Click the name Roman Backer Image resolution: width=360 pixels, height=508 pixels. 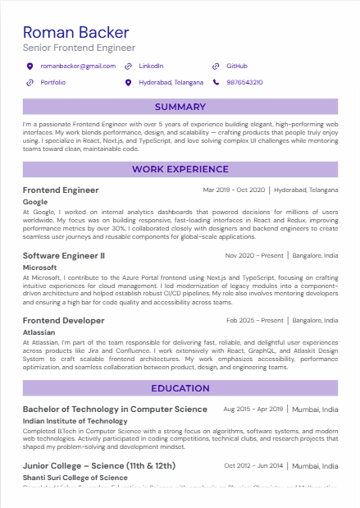76,32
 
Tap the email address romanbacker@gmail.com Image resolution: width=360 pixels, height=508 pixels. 78,66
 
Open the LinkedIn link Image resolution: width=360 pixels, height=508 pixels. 151,66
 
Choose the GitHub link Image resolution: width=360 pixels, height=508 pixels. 236,66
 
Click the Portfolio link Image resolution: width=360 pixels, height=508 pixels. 52,82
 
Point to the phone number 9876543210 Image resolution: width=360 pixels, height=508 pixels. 244,82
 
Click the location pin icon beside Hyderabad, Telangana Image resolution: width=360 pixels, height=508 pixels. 128,82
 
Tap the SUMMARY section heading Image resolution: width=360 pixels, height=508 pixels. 180,107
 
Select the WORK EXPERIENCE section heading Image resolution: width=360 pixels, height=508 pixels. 180,169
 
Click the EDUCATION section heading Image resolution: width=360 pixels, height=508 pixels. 180,388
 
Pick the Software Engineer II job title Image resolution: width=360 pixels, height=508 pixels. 64,255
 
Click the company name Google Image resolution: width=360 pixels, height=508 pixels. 35,201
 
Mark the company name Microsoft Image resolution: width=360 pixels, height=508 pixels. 39,267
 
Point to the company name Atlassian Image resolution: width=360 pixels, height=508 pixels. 39,332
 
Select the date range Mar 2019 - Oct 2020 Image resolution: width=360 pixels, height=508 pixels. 233,190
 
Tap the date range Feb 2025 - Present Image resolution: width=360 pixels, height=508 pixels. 255,320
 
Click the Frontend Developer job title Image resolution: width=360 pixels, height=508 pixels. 64,320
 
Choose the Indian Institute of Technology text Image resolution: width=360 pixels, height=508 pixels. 75,420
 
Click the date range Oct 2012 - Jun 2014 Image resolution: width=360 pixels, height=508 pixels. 253,465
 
